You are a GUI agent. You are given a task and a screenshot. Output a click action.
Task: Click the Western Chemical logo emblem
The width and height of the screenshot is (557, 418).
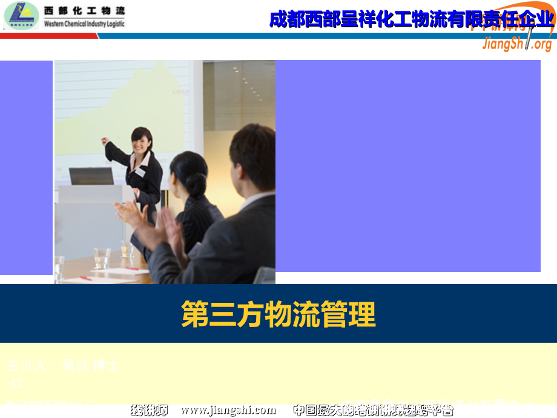[20, 15]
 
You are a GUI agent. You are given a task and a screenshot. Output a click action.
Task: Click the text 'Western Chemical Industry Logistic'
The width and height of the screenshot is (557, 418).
[84, 24]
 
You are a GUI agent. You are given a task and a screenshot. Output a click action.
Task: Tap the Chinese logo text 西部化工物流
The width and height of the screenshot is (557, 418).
[84, 10]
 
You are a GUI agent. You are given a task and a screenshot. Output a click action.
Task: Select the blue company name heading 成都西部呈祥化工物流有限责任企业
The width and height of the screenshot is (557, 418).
[411, 19]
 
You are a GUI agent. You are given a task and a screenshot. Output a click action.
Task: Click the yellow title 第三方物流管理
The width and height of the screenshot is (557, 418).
[278, 314]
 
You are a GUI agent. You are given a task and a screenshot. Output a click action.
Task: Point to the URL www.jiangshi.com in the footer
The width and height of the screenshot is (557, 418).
[228, 410]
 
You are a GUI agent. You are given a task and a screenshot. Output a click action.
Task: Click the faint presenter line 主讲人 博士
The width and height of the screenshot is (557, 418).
[63, 366]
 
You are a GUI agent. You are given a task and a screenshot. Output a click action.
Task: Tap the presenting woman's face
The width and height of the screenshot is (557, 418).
[142, 141]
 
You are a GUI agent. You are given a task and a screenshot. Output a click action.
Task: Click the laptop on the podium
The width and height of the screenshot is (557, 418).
[91, 176]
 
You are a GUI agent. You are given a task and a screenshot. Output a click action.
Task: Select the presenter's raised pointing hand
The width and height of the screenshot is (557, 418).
[106, 141]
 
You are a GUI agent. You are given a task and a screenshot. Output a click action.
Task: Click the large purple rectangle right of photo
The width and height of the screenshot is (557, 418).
[407, 165]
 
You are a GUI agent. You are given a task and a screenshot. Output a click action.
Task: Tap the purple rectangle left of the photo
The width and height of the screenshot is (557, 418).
[26, 167]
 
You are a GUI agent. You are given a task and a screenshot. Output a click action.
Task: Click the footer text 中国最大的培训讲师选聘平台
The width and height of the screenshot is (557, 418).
[372, 410]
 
